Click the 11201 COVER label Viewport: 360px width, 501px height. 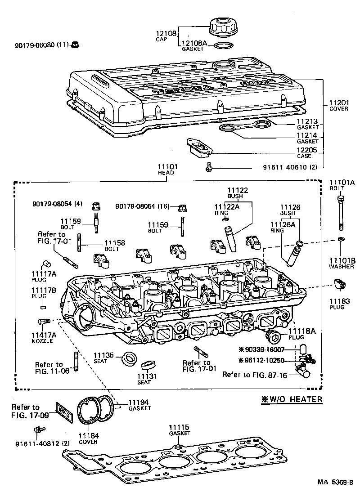(x=338, y=105)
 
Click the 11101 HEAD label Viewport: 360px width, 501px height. (x=167, y=169)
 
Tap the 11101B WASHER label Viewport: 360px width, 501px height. (x=342, y=264)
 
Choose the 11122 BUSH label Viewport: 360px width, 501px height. (x=238, y=193)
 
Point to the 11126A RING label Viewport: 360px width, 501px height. (x=282, y=227)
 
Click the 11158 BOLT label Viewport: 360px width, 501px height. (x=115, y=246)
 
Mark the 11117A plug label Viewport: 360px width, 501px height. (x=43, y=277)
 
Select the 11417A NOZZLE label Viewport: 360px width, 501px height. (x=44, y=337)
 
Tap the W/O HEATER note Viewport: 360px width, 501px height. (x=292, y=399)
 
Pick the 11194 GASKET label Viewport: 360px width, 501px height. (x=139, y=405)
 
